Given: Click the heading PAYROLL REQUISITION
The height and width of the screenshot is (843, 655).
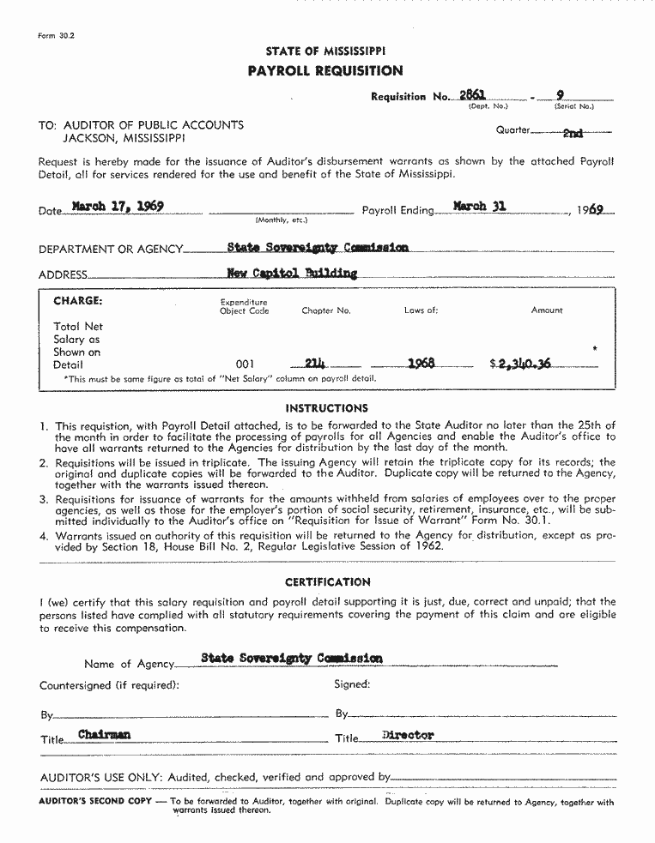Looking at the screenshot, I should coord(324,71).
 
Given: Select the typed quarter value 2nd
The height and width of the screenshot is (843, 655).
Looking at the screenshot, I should coord(573,133).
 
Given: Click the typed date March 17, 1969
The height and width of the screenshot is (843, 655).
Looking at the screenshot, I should coord(118,207).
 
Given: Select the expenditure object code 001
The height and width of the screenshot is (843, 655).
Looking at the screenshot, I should coord(245,364).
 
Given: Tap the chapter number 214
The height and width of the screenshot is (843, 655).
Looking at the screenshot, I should coord(316,363).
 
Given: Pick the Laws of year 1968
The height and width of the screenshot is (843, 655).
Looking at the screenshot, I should coord(421,363).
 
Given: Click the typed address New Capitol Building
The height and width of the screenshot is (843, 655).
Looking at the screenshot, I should coord(292,274).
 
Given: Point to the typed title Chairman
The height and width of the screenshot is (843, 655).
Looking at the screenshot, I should coord(104,735).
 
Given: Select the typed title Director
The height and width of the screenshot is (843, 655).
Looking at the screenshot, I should coord(408,735).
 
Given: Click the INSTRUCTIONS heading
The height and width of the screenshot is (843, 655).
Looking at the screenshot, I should coord(326,408).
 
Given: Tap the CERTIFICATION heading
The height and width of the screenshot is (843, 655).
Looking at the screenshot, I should coord(328,581).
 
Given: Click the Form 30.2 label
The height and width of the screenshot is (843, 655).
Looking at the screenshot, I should coord(57,36).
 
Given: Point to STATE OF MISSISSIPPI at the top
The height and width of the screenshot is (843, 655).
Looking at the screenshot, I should coord(325,51).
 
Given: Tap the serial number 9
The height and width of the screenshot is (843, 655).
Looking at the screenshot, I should coord(560,95).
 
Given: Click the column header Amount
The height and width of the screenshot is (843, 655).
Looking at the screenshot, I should coord(547,310).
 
